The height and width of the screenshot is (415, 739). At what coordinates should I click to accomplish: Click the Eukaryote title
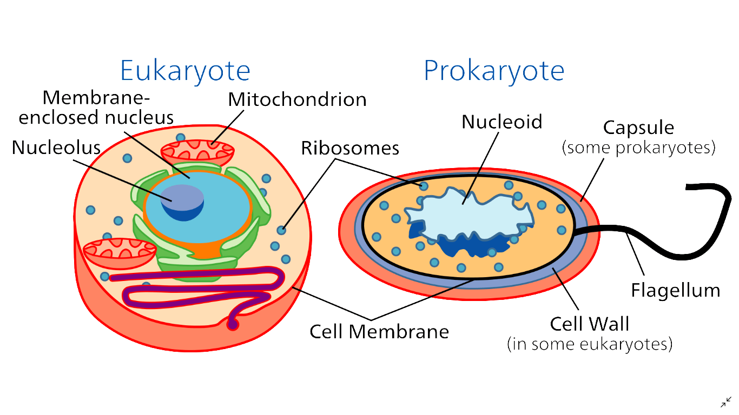[x=185, y=71]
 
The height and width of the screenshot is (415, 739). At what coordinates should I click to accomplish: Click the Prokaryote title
[x=494, y=71]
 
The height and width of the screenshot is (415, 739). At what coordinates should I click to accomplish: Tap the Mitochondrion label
[x=297, y=99]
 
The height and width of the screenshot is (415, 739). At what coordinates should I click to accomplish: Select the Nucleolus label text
[x=56, y=148]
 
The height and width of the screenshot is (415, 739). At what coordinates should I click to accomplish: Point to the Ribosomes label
[x=350, y=149]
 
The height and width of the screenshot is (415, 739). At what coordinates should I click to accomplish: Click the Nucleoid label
[x=502, y=122]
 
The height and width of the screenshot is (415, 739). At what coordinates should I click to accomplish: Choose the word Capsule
[x=638, y=128]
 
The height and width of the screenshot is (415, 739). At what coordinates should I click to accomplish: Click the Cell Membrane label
[x=379, y=332]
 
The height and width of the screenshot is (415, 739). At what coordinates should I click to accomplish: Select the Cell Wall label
[x=590, y=324]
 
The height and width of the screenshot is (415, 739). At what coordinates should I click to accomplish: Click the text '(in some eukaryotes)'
[x=590, y=344]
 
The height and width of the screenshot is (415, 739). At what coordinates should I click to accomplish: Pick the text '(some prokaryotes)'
[x=638, y=148]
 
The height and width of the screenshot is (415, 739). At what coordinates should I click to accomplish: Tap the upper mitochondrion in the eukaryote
[x=197, y=153]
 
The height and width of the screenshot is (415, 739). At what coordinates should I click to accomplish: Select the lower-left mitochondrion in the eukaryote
[x=120, y=253]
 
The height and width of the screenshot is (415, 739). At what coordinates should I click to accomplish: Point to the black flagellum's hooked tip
[x=688, y=187]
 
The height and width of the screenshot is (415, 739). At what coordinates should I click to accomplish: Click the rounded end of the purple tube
[x=233, y=325]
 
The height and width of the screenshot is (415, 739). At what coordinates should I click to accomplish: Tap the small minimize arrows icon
[x=726, y=402]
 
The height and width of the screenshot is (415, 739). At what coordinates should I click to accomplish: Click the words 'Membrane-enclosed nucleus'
[x=96, y=108]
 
